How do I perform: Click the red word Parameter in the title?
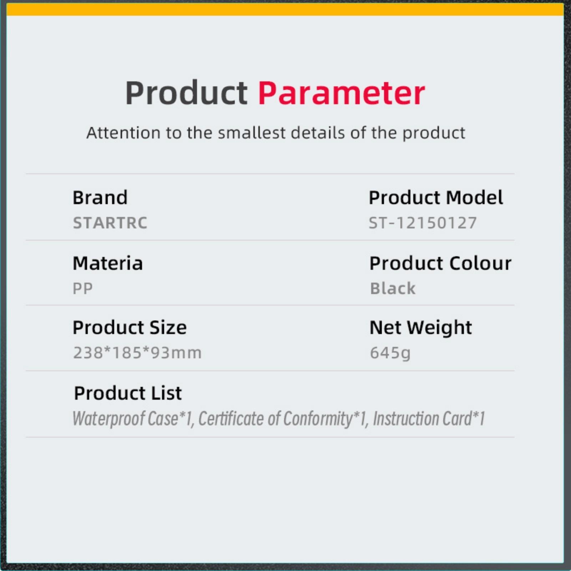pos(342,93)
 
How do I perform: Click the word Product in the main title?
pos(186,93)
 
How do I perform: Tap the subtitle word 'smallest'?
pos(252,133)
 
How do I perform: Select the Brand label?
pos(100,198)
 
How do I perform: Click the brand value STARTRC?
pos(110,223)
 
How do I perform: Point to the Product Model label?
pos(436,198)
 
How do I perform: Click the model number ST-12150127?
pos(423,223)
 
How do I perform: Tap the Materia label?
pos(107,263)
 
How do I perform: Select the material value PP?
pos(82,288)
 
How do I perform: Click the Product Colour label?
pos(440,263)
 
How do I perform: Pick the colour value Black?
pos(393,288)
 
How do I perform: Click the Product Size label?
pos(130,328)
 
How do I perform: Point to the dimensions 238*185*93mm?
pos(137,353)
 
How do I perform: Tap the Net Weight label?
pos(421,328)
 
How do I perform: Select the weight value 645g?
pos(390,353)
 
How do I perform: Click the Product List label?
pos(128,393)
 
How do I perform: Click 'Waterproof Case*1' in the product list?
pos(133,419)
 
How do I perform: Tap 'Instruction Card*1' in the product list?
pos(429,419)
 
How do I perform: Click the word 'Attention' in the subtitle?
pos(123,133)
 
